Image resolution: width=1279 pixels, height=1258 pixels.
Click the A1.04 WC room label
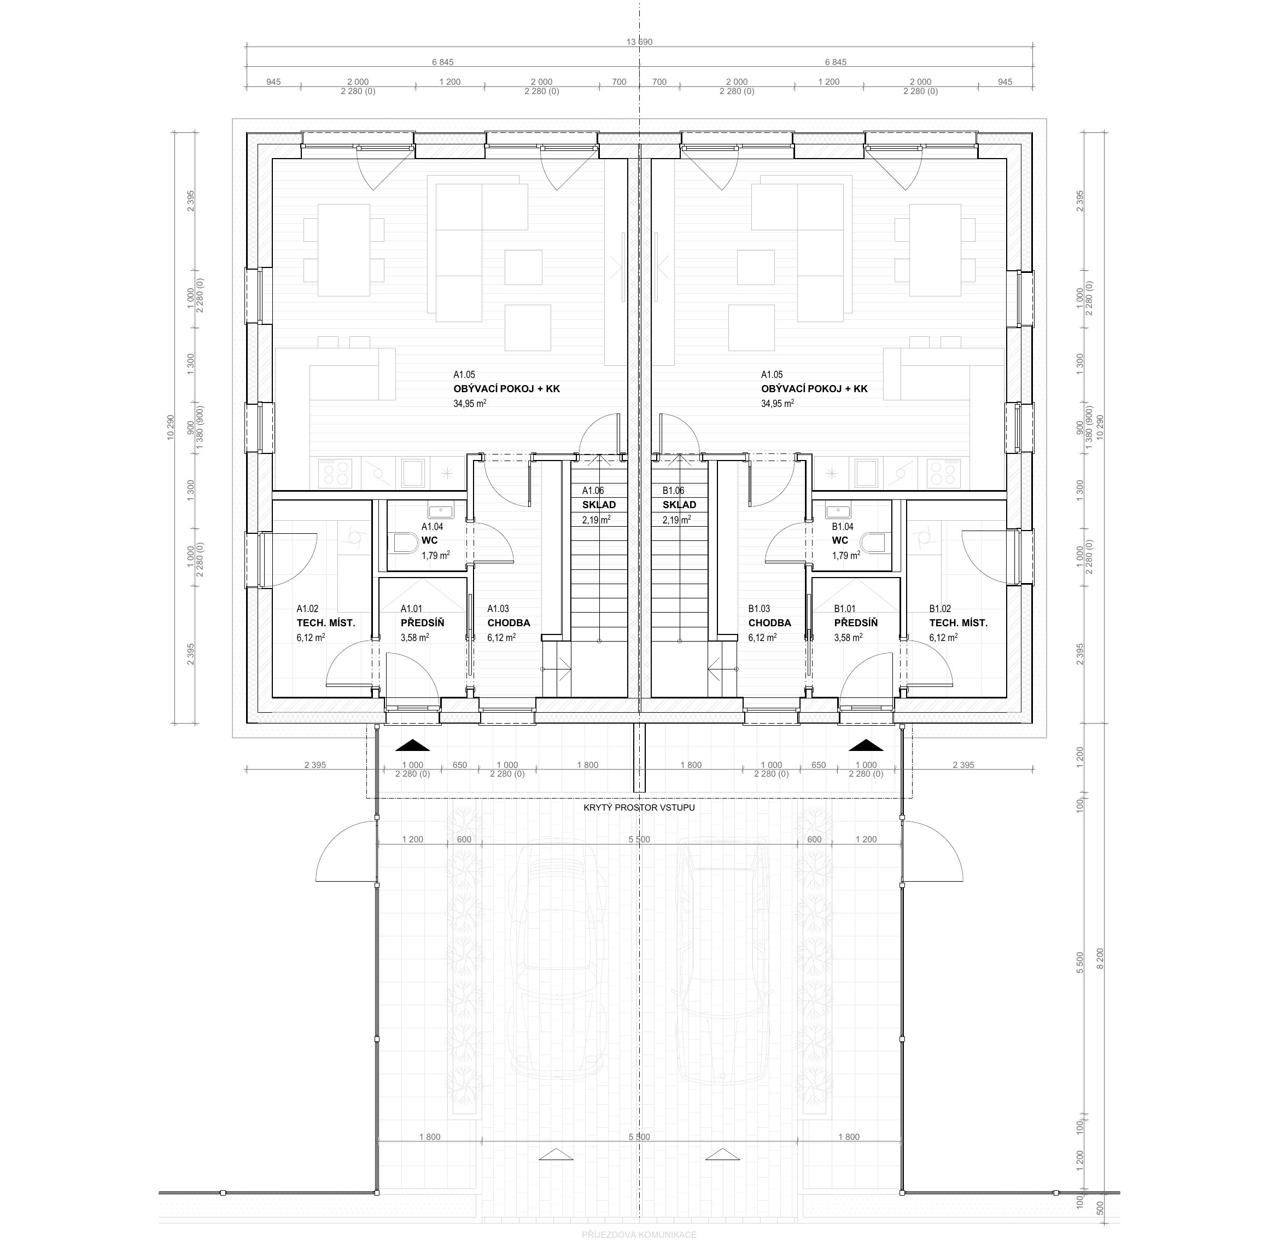(x=436, y=541)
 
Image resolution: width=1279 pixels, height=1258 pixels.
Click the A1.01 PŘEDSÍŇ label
(x=422, y=623)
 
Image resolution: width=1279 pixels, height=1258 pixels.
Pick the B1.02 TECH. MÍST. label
(x=958, y=623)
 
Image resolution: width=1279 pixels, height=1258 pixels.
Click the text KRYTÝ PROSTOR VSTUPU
(x=639, y=807)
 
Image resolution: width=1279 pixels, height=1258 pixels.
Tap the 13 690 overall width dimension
(x=639, y=42)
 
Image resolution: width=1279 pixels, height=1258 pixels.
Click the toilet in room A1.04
(x=406, y=544)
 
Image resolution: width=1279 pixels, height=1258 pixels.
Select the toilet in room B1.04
(x=873, y=544)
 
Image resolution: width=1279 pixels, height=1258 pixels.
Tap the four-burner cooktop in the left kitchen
(x=335, y=473)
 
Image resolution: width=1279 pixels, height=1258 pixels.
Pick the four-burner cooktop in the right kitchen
(x=943, y=473)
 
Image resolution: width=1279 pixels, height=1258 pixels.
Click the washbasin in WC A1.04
(x=441, y=511)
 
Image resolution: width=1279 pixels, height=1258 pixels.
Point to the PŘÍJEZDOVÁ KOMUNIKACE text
(x=639, y=1235)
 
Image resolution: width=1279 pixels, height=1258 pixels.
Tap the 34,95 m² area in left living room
(x=470, y=403)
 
